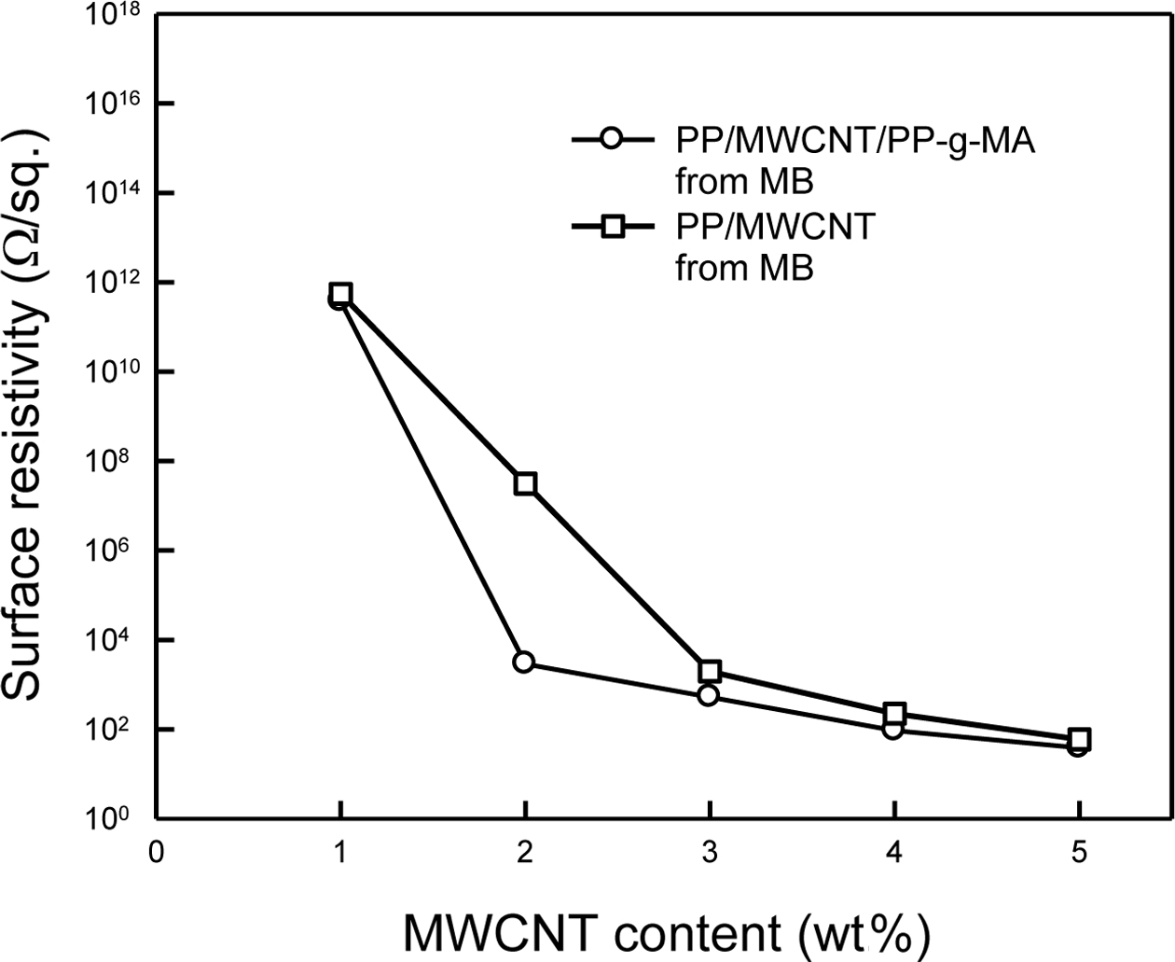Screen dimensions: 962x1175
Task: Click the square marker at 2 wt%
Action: click(525, 483)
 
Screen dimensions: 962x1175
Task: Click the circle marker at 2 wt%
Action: click(523, 662)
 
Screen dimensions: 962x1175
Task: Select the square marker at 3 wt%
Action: click(710, 671)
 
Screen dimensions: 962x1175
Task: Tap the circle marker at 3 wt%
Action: click(708, 695)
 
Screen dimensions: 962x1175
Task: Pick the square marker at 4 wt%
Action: click(895, 714)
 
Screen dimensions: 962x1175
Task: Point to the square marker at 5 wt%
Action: click(1079, 739)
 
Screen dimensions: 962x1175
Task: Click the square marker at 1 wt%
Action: click(341, 293)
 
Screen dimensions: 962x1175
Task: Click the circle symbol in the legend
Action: click(610, 141)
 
